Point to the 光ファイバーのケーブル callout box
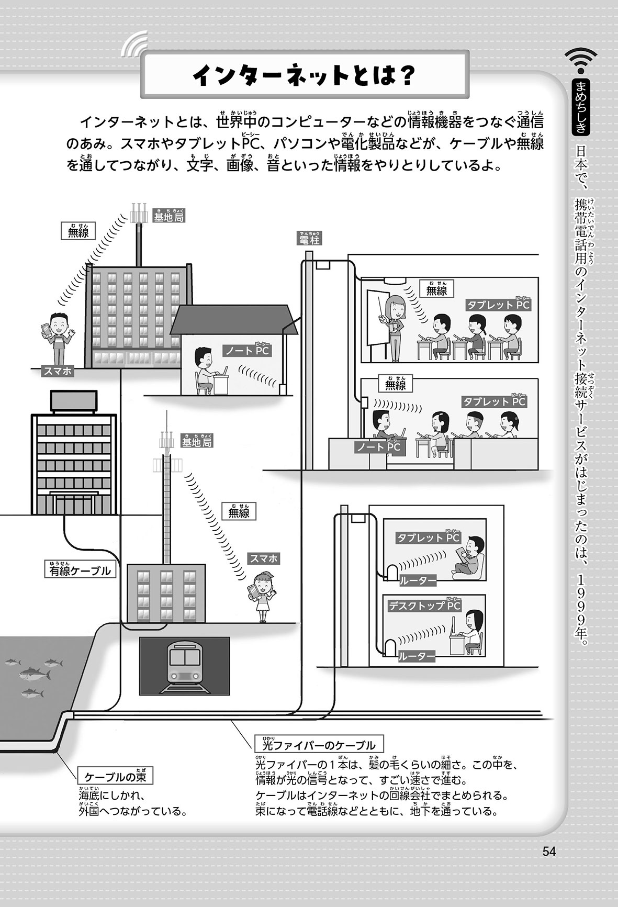click(x=319, y=745)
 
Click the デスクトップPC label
click(x=424, y=606)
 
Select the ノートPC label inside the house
click(x=247, y=351)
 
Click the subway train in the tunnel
click(x=184, y=666)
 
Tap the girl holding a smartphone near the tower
click(x=260, y=596)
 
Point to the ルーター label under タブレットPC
click(x=418, y=580)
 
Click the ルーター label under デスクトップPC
click(x=417, y=656)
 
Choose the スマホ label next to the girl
click(x=264, y=559)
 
